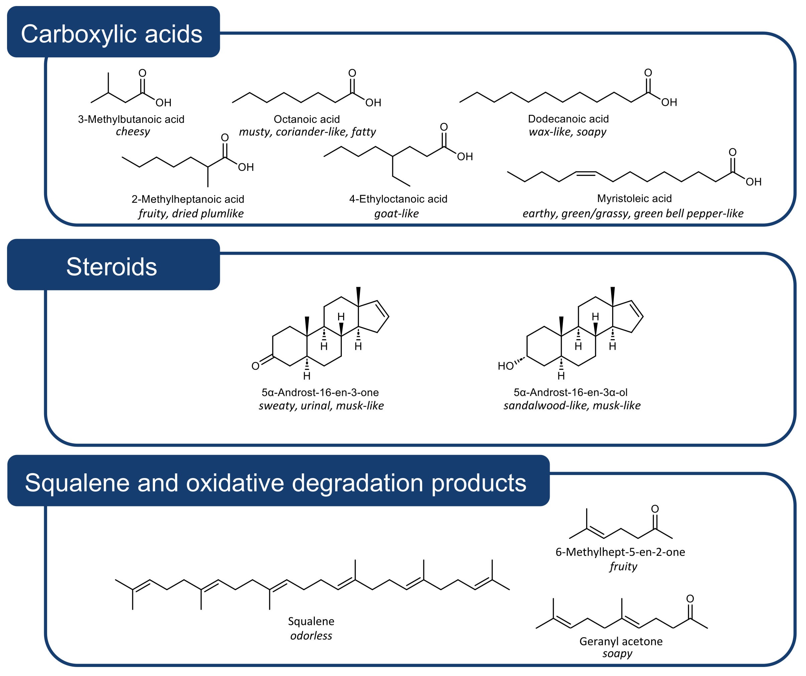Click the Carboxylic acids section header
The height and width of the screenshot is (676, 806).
click(x=113, y=32)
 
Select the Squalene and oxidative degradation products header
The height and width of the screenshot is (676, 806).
click(x=278, y=480)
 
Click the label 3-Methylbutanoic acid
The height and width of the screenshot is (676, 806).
click(x=131, y=119)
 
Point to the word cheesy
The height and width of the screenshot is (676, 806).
click(x=133, y=132)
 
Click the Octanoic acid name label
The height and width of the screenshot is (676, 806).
click(x=307, y=119)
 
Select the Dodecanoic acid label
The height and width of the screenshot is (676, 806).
click(x=568, y=119)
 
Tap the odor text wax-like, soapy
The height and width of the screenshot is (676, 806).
click(x=568, y=132)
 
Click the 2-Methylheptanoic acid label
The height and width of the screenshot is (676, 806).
click(x=188, y=199)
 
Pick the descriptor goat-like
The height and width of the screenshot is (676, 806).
click(x=396, y=214)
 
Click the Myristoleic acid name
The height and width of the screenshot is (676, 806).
click(x=635, y=199)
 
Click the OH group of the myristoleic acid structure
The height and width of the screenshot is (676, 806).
click(x=754, y=182)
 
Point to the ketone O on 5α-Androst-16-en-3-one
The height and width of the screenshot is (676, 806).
click(x=255, y=366)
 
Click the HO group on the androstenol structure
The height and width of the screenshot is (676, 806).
click(x=506, y=366)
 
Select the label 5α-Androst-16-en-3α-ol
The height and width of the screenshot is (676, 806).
click(x=571, y=392)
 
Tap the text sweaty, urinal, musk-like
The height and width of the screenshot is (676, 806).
click(x=321, y=406)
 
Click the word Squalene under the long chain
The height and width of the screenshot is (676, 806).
click(x=311, y=621)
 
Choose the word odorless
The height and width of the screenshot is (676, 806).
click(x=311, y=636)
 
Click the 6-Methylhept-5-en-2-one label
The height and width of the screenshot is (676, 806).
click(x=620, y=552)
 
